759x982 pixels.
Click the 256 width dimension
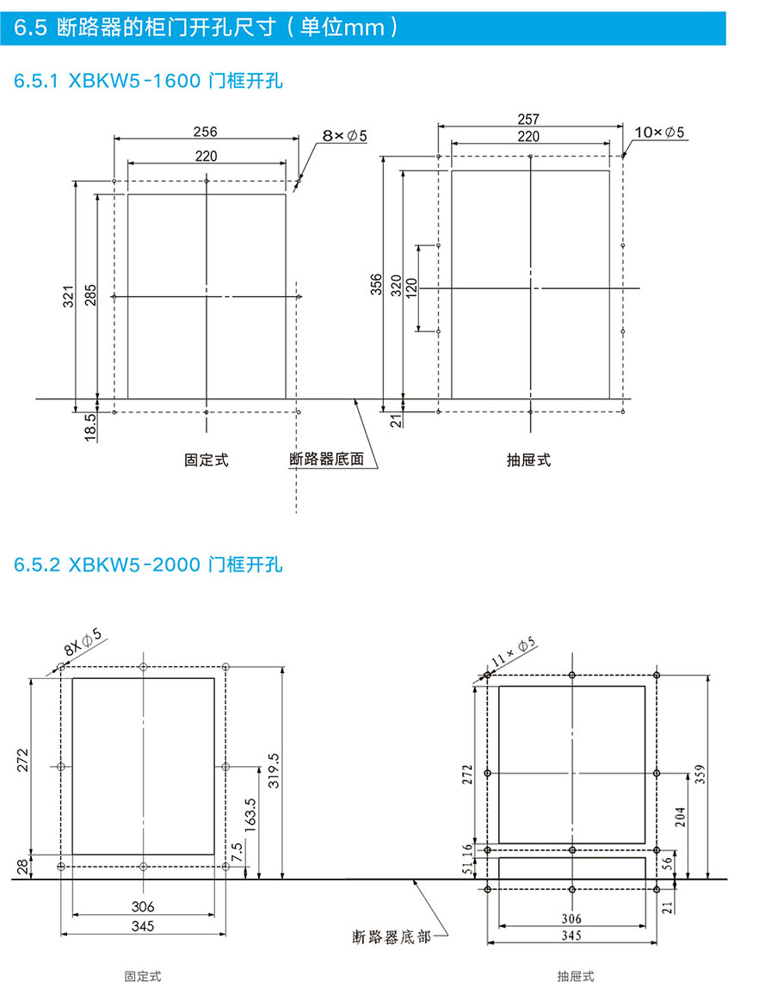[206, 132]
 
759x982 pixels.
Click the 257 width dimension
[528, 119]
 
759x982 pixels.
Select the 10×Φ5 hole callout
[659, 133]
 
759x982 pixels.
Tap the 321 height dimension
[68, 296]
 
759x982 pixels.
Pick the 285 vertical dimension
[90, 295]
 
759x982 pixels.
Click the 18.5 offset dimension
[90, 427]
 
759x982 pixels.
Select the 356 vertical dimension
[376, 284]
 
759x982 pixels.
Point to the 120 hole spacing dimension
[410, 288]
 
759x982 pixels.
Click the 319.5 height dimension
[274, 770]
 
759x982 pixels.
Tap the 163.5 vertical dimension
[250, 815]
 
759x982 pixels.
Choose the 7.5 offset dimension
[236, 852]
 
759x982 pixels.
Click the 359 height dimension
[700, 774]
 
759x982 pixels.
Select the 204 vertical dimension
[680, 817]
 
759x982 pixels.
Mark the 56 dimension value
[668, 862]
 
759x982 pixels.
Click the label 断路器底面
[326, 459]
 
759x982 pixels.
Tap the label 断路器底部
[392, 937]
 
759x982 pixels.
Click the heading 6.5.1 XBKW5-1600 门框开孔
[148, 81]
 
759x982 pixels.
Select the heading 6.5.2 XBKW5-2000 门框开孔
[148, 565]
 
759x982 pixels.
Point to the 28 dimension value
[22, 867]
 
